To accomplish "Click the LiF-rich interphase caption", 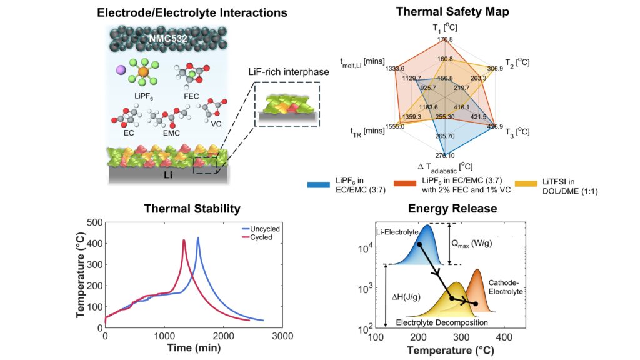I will [x=286, y=72].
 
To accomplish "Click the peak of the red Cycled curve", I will [x=184, y=240].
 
